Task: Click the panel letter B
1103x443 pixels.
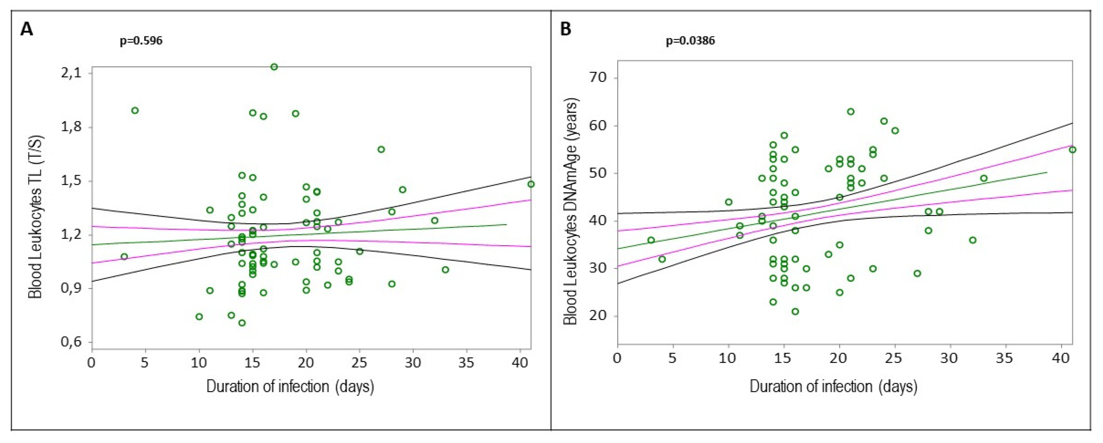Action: tap(566, 30)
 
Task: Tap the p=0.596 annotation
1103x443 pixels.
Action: tap(141, 41)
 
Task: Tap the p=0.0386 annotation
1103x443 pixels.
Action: tap(690, 41)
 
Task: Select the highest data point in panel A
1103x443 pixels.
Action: tap(274, 67)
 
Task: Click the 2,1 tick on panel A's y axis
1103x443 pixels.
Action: tap(72, 73)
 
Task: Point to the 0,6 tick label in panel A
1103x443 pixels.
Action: tap(72, 342)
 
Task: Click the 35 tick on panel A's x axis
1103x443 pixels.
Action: tap(466, 363)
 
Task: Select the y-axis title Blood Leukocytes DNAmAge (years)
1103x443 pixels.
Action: tap(570, 211)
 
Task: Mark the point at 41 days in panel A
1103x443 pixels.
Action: tap(531, 184)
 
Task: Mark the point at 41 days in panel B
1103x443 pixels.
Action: tap(1073, 150)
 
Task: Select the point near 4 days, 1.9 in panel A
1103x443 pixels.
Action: tap(135, 110)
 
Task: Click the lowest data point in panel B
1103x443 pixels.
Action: tap(795, 311)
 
